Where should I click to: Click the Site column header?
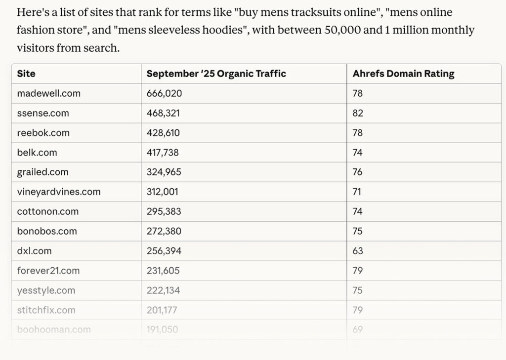coord(26,74)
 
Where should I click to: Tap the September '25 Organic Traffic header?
coord(216,74)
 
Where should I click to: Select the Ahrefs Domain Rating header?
coord(403,74)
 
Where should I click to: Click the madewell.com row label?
coord(48,93)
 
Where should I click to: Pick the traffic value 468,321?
coord(163,113)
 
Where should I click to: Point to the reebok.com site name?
coord(43,133)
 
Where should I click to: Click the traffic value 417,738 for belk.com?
coord(163,153)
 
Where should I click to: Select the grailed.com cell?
coord(42,172)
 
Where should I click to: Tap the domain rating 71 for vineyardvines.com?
coord(357,192)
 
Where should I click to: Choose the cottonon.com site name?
coord(47,211)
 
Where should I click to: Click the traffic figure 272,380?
coord(164,231)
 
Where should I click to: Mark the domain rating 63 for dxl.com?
coord(358,251)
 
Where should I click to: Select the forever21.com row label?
coord(48,271)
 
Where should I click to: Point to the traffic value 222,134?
coord(163,290)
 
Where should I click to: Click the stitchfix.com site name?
coord(46,310)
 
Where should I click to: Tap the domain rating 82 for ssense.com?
coord(358,113)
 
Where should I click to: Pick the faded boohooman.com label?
coord(53,329)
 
